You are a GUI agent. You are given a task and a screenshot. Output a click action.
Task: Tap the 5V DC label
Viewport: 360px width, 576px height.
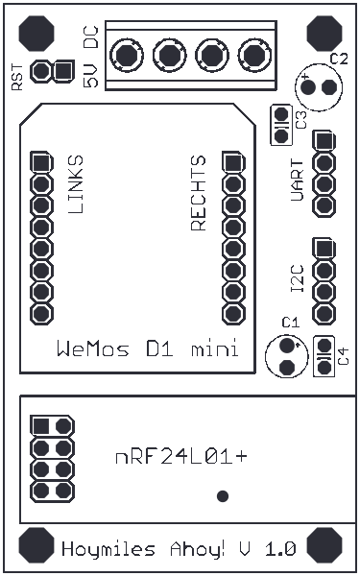coord(90,58)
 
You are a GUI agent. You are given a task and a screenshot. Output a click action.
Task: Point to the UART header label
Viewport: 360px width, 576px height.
coord(298,180)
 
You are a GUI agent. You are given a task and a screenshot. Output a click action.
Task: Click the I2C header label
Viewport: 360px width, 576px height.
coord(298,278)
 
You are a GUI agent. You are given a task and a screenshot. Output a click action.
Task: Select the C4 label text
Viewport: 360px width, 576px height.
coord(343,358)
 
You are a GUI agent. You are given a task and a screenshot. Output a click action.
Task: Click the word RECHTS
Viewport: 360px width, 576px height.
coord(199,193)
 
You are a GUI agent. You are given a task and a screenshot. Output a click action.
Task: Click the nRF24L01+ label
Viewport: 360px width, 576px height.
coord(180,457)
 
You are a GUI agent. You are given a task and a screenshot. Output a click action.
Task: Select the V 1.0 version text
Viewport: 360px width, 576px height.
coord(267,550)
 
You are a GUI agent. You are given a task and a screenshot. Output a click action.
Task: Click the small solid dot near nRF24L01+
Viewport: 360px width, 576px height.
coord(224,495)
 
